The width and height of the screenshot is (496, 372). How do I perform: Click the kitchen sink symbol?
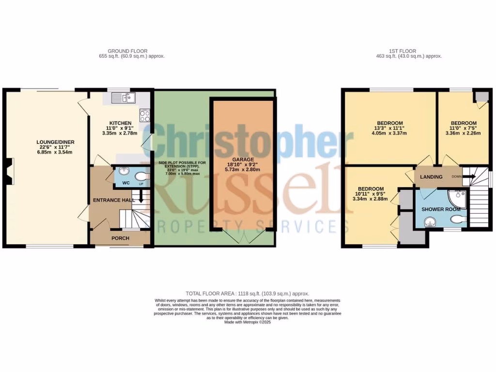click(x=120, y=98)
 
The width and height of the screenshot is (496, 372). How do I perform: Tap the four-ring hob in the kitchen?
click(x=144, y=115)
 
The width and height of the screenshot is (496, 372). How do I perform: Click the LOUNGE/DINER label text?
click(x=55, y=142)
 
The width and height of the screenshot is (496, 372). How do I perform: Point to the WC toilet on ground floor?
click(x=141, y=176)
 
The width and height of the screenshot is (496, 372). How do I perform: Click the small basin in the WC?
click(x=122, y=171)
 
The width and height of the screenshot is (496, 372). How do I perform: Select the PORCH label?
click(x=120, y=238)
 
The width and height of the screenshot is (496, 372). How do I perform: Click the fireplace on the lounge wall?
click(x=9, y=171)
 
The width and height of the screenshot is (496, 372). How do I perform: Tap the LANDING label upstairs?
click(x=431, y=177)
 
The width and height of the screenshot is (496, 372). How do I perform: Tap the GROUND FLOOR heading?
click(x=127, y=51)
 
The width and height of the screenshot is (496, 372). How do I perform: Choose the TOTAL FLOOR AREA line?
click(x=247, y=294)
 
